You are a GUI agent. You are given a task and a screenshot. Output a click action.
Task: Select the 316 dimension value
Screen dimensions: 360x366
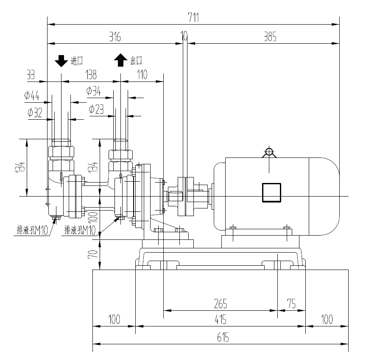tap(115, 37)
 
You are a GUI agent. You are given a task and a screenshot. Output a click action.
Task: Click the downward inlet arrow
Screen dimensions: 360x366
tap(61, 61)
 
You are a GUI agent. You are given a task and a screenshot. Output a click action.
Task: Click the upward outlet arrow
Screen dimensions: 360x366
tap(120, 60)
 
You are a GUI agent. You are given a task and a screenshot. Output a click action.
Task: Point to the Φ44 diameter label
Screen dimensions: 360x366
tap(32, 96)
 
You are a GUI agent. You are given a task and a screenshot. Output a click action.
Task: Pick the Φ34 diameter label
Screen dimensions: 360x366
tap(93, 91)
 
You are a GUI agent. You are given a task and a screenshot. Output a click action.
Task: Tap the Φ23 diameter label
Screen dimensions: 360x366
tap(97, 109)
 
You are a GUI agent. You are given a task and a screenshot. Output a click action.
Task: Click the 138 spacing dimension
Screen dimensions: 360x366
tap(91, 75)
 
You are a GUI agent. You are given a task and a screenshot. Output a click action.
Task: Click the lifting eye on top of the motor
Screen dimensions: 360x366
tap(268, 152)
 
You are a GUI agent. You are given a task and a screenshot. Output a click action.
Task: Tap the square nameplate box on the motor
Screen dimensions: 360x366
tap(271, 192)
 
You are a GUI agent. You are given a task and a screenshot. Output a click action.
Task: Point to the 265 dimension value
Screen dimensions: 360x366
tap(220, 304)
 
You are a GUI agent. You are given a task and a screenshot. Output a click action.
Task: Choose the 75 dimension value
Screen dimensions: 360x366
tap(291, 304)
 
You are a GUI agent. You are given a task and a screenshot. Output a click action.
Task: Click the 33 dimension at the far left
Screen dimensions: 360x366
tap(31, 75)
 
